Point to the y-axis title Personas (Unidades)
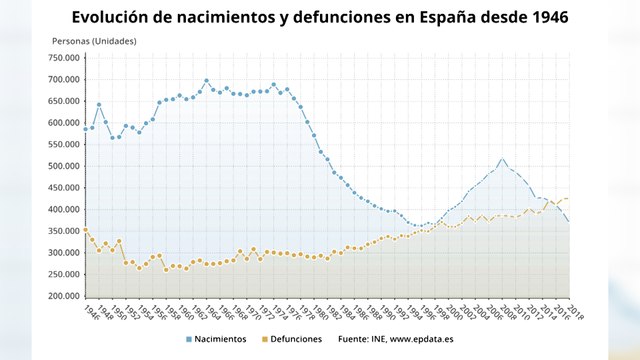[94, 41]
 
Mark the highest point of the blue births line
[206, 81]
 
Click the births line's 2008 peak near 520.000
[502, 159]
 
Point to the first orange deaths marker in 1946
[85, 230]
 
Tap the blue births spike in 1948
[98, 104]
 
